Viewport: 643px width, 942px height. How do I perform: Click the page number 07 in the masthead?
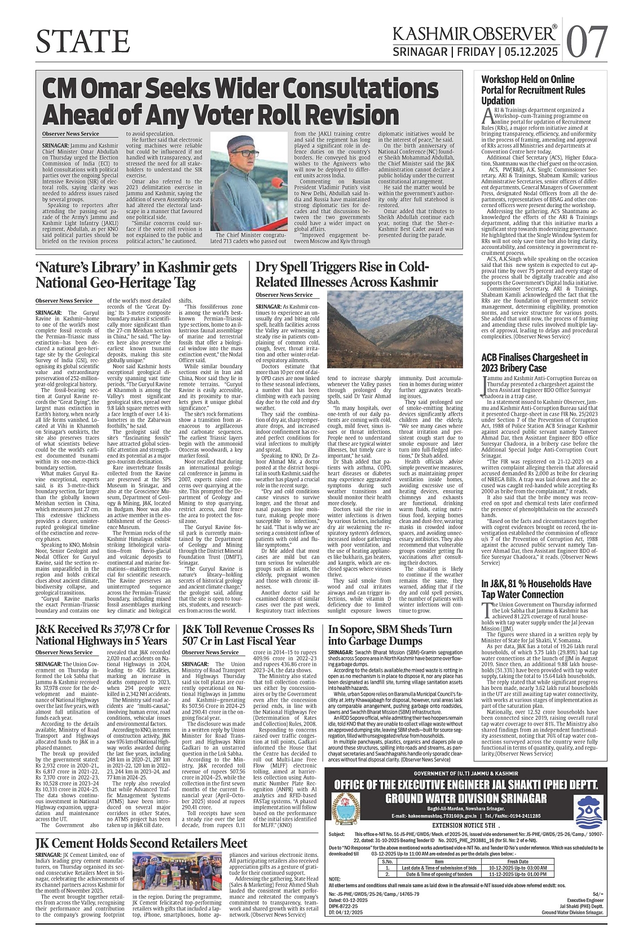(x=588, y=41)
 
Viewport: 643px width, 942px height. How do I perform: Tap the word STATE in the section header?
(x=82, y=41)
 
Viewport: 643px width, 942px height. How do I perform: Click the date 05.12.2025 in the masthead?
(x=531, y=52)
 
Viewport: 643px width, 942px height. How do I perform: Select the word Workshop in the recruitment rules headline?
(x=501, y=80)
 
